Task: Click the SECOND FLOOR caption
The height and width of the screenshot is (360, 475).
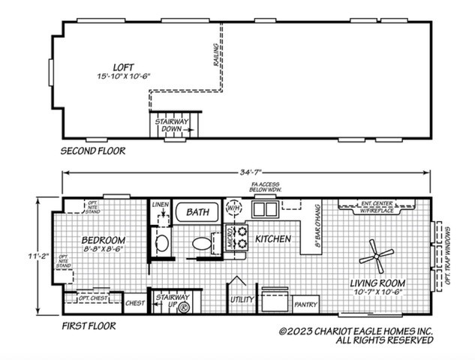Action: point(92,151)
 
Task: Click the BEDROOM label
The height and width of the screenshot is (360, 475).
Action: point(104,241)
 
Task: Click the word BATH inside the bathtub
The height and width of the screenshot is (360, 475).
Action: point(198,213)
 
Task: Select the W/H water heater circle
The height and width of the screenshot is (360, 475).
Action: point(233,207)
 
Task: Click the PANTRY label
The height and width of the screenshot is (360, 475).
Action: point(305,304)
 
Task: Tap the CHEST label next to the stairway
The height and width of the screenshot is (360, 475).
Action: point(135,304)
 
